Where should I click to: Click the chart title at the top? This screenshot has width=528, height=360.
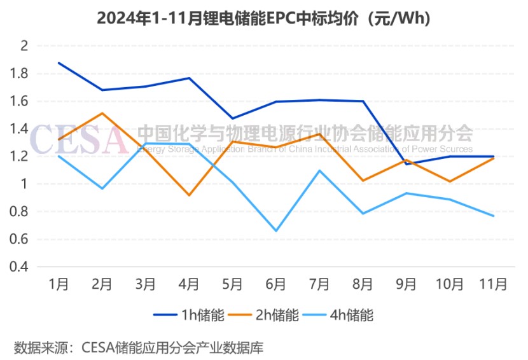point(264,18)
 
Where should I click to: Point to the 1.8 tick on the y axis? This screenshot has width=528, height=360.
point(21,74)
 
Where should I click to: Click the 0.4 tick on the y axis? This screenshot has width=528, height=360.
point(21,267)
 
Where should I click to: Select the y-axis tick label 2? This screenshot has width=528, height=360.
point(25,46)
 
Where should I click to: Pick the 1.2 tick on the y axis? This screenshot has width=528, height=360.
point(21,156)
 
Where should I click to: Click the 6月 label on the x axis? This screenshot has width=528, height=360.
point(275,284)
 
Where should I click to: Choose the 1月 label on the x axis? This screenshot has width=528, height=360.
point(59,284)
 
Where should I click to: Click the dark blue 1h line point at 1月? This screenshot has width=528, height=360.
point(59,63)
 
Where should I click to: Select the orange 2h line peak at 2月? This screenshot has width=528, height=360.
point(102,113)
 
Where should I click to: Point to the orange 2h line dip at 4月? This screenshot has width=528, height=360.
point(189,195)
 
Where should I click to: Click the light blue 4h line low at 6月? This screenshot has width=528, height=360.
point(275,231)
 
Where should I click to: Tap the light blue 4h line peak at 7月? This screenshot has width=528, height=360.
point(319,170)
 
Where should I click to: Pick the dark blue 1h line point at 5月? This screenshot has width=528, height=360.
point(232,118)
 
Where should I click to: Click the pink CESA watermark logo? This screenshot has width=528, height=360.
point(79,139)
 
